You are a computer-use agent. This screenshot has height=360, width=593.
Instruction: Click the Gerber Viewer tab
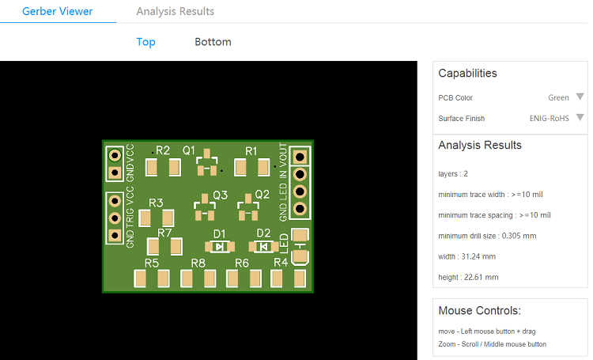pyautogui.click(x=57, y=12)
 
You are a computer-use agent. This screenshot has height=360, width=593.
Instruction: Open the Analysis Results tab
pyautogui.click(x=175, y=12)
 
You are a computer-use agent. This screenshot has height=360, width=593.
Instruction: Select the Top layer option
pyautogui.click(x=145, y=42)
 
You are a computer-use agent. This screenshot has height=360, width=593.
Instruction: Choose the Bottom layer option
pyautogui.click(x=213, y=42)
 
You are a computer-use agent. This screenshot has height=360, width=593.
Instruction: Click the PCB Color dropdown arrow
pyautogui.click(x=580, y=97)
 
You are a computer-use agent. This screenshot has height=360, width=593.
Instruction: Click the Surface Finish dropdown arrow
pyautogui.click(x=580, y=118)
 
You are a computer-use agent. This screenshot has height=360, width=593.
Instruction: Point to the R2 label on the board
pyautogui.click(x=163, y=150)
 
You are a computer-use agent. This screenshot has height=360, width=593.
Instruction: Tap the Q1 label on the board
pyautogui.click(x=189, y=150)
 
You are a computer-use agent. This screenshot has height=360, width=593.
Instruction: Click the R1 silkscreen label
pyautogui.click(x=251, y=150)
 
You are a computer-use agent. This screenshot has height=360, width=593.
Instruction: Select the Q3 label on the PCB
pyautogui.click(x=220, y=195)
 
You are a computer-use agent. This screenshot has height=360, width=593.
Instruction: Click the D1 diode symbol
pyautogui.click(x=219, y=246)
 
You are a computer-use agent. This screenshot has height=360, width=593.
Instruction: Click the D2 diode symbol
pyautogui.click(x=263, y=246)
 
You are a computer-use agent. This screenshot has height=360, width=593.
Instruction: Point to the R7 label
pyautogui.click(x=164, y=233)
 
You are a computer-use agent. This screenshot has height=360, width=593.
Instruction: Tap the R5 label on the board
pyautogui.click(x=152, y=263)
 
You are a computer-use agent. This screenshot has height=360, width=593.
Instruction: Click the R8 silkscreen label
pyautogui.click(x=198, y=263)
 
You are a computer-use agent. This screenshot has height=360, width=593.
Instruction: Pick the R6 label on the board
pyautogui.click(x=242, y=263)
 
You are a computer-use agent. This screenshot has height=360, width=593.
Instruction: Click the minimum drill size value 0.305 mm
pyautogui.click(x=519, y=236)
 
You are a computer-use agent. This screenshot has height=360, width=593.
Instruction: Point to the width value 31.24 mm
pyautogui.click(x=479, y=256)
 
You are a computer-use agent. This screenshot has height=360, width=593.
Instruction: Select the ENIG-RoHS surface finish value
pyautogui.click(x=550, y=118)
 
